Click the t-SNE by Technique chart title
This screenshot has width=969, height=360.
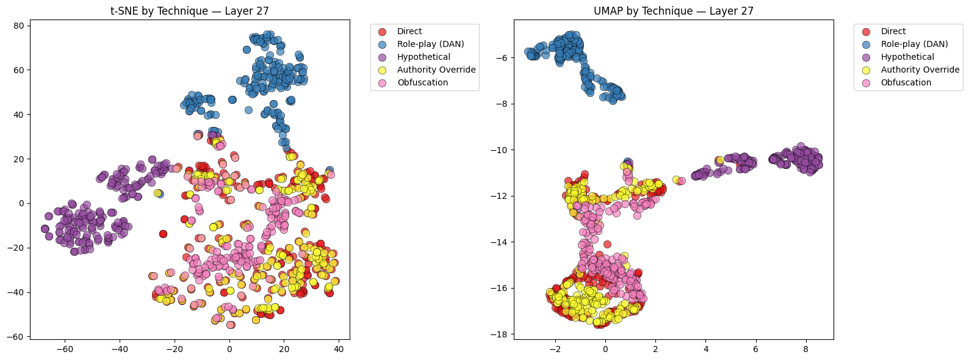pos(190,11)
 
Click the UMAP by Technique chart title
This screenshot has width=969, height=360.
pos(674,11)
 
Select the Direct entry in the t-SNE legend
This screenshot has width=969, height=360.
pos(409,31)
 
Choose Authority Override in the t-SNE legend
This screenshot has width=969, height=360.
pos(436,70)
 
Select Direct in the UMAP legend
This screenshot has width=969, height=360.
pos(893,31)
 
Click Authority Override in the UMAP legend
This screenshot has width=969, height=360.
pos(920,70)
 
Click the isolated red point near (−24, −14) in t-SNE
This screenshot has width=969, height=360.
pos(163,234)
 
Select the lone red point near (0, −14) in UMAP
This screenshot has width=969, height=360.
pos(607,244)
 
